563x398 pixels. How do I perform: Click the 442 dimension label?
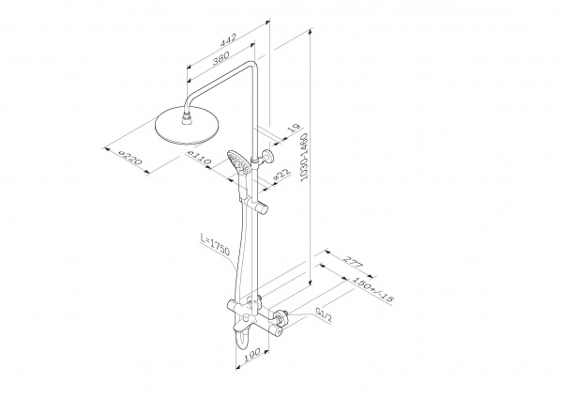[x=228, y=39]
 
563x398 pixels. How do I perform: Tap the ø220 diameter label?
[x=130, y=158]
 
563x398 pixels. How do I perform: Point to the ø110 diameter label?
[x=199, y=158]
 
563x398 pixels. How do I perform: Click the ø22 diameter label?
[x=281, y=174]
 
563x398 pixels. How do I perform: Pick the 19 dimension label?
[x=294, y=129]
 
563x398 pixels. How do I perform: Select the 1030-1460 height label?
[x=304, y=157]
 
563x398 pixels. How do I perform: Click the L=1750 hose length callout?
[x=216, y=244]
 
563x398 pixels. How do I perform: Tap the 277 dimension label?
[x=354, y=262]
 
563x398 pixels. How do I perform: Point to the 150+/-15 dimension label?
[x=373, y=289]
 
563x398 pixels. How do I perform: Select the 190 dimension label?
[x=252, y=355]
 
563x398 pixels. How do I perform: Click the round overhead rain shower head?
[x=187, y=127]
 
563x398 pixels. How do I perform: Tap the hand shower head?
[x=238, y=163]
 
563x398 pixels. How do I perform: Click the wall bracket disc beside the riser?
[x=267, y=157]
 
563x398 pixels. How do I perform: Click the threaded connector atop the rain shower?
[x=187, y=119]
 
